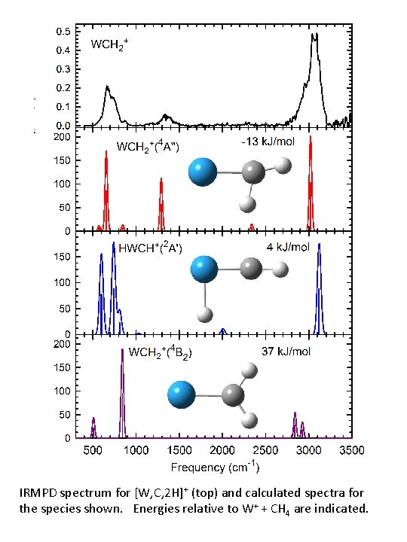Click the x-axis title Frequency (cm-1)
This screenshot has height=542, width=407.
click(x=216, y=467)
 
